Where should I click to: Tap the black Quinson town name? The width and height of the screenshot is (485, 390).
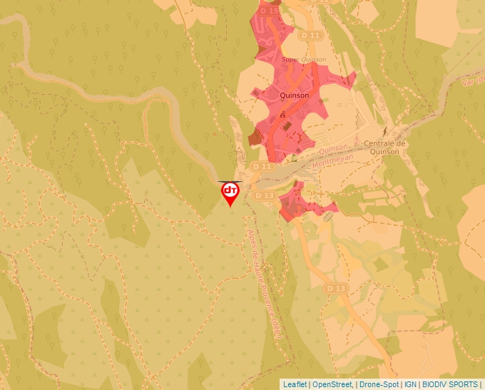click(295, 95)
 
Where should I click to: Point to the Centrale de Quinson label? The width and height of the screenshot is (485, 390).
click(385, 147)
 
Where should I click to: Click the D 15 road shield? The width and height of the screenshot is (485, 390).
click(270, 11)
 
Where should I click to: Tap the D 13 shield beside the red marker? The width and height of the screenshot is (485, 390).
click(265, 195)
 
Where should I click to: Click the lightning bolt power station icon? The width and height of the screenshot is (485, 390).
click(386, 130)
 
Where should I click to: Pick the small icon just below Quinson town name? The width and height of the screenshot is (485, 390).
click(282, 113)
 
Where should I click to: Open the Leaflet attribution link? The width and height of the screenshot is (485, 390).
click(295, 384)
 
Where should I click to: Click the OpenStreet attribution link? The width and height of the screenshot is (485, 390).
click(332, 384)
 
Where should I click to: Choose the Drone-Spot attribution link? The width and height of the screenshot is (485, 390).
click(378, 384)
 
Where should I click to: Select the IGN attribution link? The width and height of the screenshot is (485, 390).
click(410, 384)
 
